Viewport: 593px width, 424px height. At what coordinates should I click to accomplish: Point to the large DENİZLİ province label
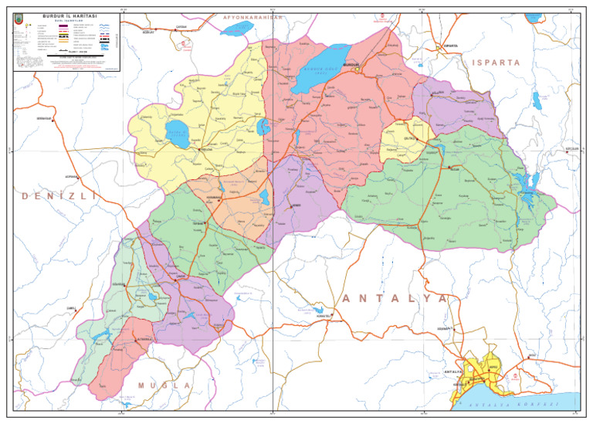[60, 197]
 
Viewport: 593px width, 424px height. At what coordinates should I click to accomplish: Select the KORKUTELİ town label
[322, 316]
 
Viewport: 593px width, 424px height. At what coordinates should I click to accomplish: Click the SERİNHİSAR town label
[42, 118]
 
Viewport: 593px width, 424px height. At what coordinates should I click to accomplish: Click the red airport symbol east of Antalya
[515, 376]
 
